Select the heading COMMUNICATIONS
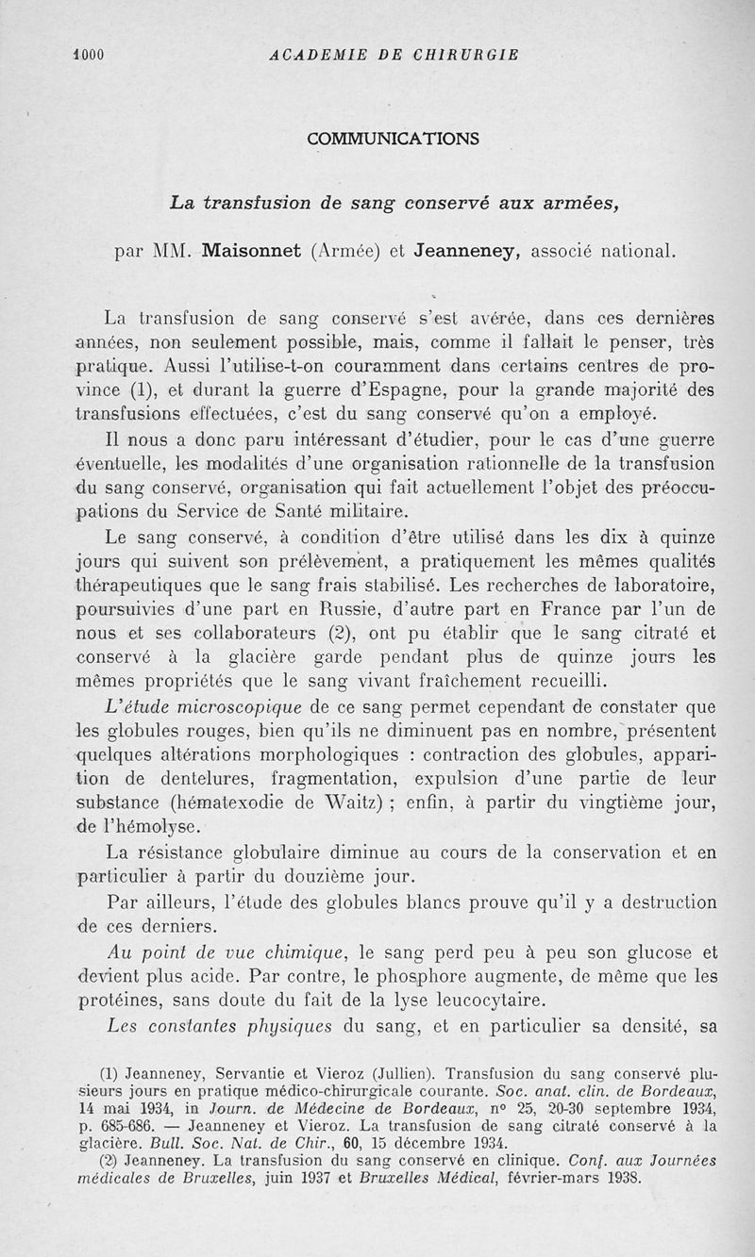[x=393, y=139]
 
